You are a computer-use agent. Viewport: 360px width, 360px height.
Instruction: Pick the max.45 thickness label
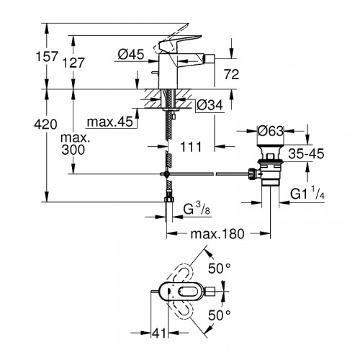[x=107, y=121]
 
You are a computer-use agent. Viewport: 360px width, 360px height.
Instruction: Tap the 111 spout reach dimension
[x=189, y=148]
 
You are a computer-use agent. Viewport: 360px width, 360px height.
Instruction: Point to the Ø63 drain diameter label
[x=274, y=131]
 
